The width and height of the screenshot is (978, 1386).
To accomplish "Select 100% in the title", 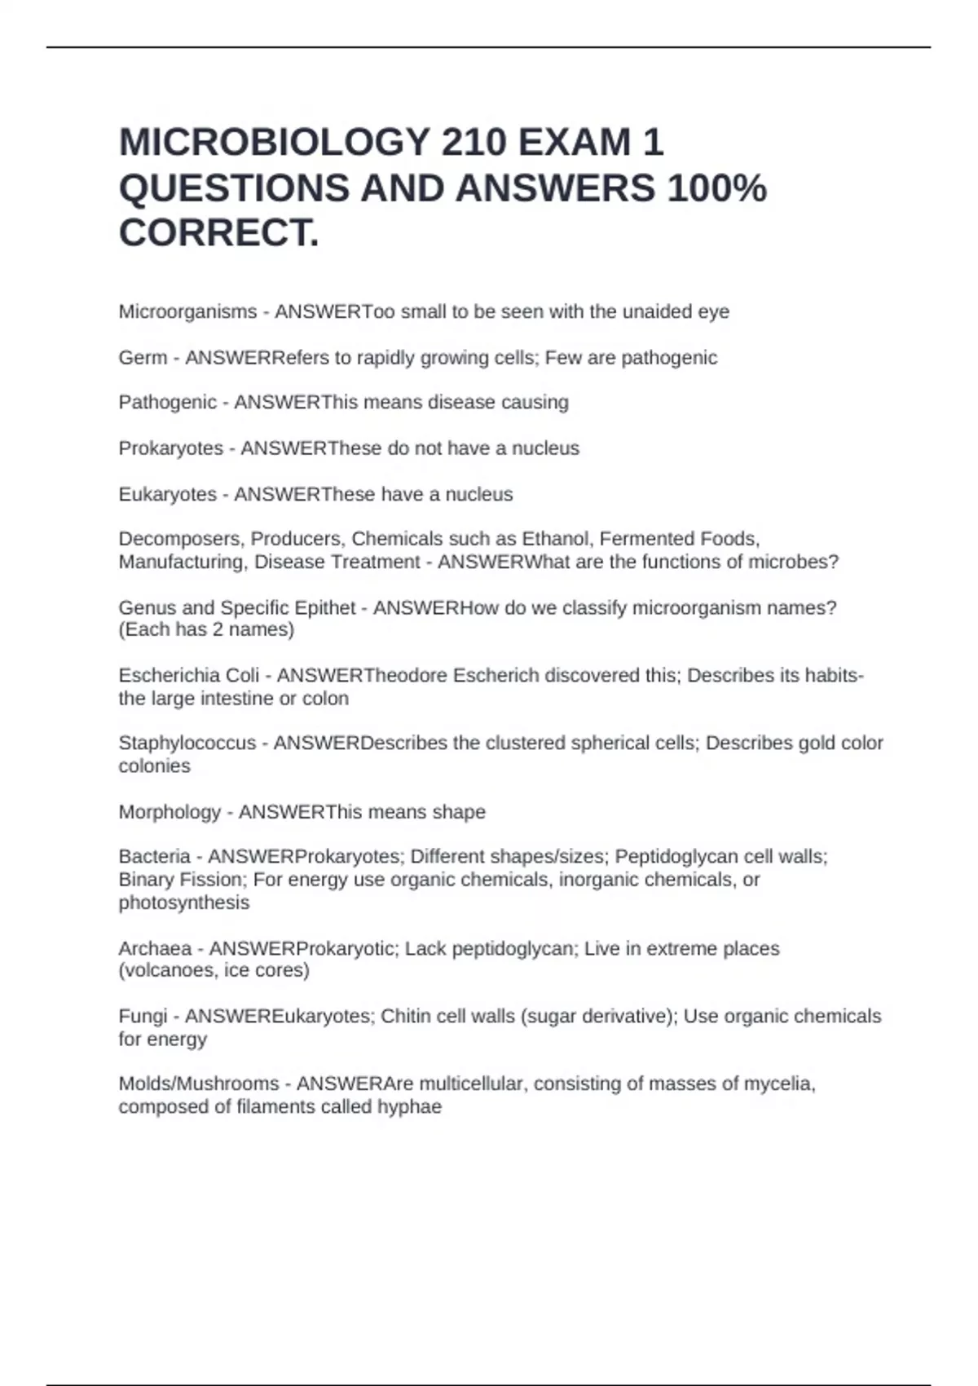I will tap(717, 188).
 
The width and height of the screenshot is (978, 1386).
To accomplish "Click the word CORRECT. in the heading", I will tap(219, 233).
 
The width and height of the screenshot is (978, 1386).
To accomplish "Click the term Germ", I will tap(143, 357).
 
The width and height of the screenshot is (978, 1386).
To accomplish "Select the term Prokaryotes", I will tap(170, 448).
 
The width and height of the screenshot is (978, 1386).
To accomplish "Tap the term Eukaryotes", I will tap(167, 494).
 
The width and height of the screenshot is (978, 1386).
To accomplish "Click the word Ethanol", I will tap(554, 539).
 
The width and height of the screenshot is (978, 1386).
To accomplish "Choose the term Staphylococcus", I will tap(187, 743).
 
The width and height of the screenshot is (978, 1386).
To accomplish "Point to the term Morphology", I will tap(170, 812).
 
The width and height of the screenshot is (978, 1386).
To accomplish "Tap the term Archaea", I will tap(155, 948).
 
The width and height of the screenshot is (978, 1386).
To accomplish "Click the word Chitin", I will tap(406, 1016).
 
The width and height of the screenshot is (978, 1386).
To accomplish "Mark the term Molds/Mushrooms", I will tap(198, 1084).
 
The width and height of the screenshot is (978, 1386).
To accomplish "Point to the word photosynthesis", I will tap(183, 903).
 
